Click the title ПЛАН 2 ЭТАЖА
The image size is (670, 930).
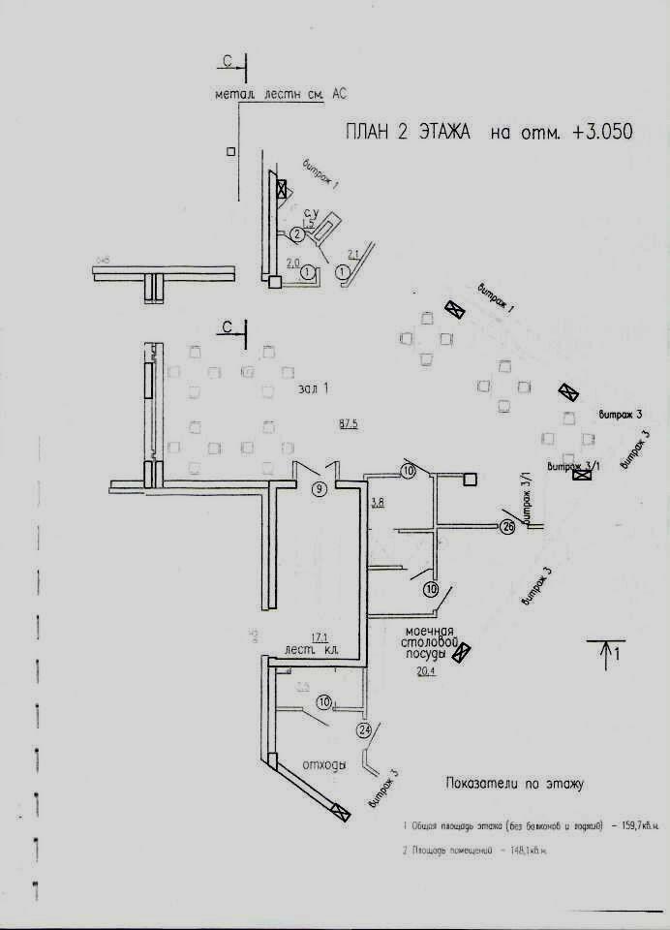[407, 134]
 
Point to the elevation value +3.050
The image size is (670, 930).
[602, 134]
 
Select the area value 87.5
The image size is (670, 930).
[349, 424]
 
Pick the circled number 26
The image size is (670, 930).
[507, 527]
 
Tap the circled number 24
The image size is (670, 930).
[364, 729]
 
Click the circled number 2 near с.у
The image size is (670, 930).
[297, 232]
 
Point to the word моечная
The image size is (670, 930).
[431, 631]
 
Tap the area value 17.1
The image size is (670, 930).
[320, 636]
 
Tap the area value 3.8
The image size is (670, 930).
[379, 502]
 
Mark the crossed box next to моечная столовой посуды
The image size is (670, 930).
[463, 650]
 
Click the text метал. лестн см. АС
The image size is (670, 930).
[281, 94]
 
